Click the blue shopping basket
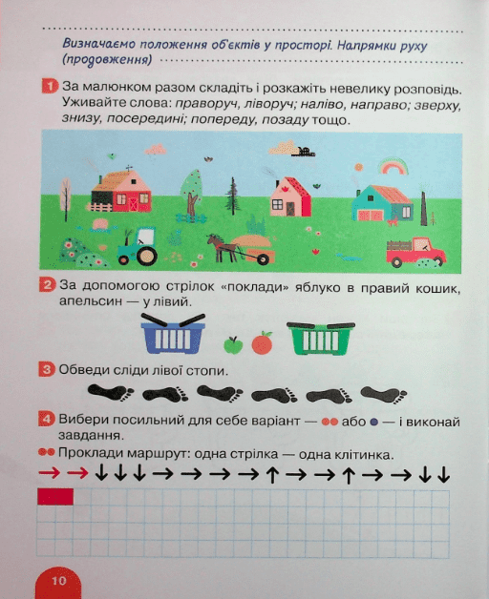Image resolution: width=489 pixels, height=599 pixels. (x=173, y=334)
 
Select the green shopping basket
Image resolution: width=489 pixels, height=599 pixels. (x=321, y=338)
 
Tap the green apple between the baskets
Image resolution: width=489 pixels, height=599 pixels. (x=233, y=345)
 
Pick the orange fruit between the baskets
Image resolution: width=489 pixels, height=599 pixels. (x=262, y=342)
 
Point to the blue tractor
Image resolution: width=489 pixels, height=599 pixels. (x=138, y=246)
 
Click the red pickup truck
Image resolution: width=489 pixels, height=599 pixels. (x=415, y=252)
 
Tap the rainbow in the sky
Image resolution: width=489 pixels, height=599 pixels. (x=393, y=167)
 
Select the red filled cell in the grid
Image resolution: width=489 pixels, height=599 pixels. (x=55, y=497)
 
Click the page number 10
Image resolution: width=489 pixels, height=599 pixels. (x=59, y=581)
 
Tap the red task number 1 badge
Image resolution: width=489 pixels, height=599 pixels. (x=50, y=87)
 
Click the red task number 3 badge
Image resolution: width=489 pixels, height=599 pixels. (x=47, y=369)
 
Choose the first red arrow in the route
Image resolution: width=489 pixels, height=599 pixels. (x=50, y=473)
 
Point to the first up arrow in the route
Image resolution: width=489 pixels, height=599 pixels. (x=272, y=475)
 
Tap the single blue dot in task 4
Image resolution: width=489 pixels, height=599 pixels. (x=373, y=423)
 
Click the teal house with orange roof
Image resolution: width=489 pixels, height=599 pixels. (x=383, y=203)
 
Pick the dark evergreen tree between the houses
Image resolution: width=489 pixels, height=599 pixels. (x=232, y=196)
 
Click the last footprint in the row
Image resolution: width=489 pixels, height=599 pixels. (x=384, y=395)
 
